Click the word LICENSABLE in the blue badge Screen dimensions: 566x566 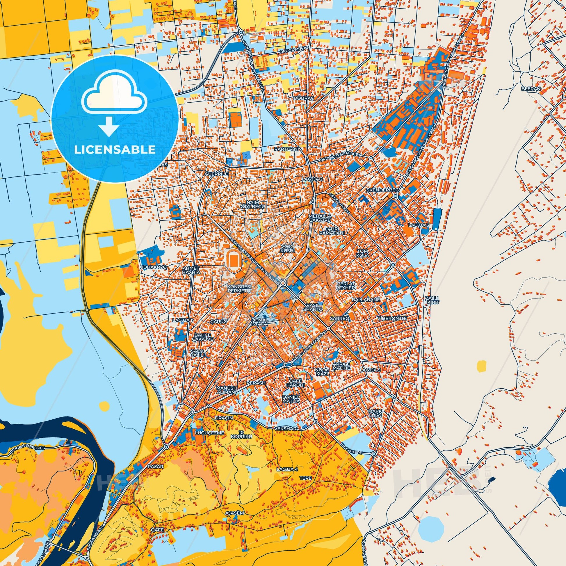click(x=115, y=150)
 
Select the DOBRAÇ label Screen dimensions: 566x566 click(x=298, y=99)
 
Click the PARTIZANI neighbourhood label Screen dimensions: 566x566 click(x=286, y=149)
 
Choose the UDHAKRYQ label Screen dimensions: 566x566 click(x=154, y=268)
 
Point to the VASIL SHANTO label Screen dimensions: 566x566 click(x=313, y=307)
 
